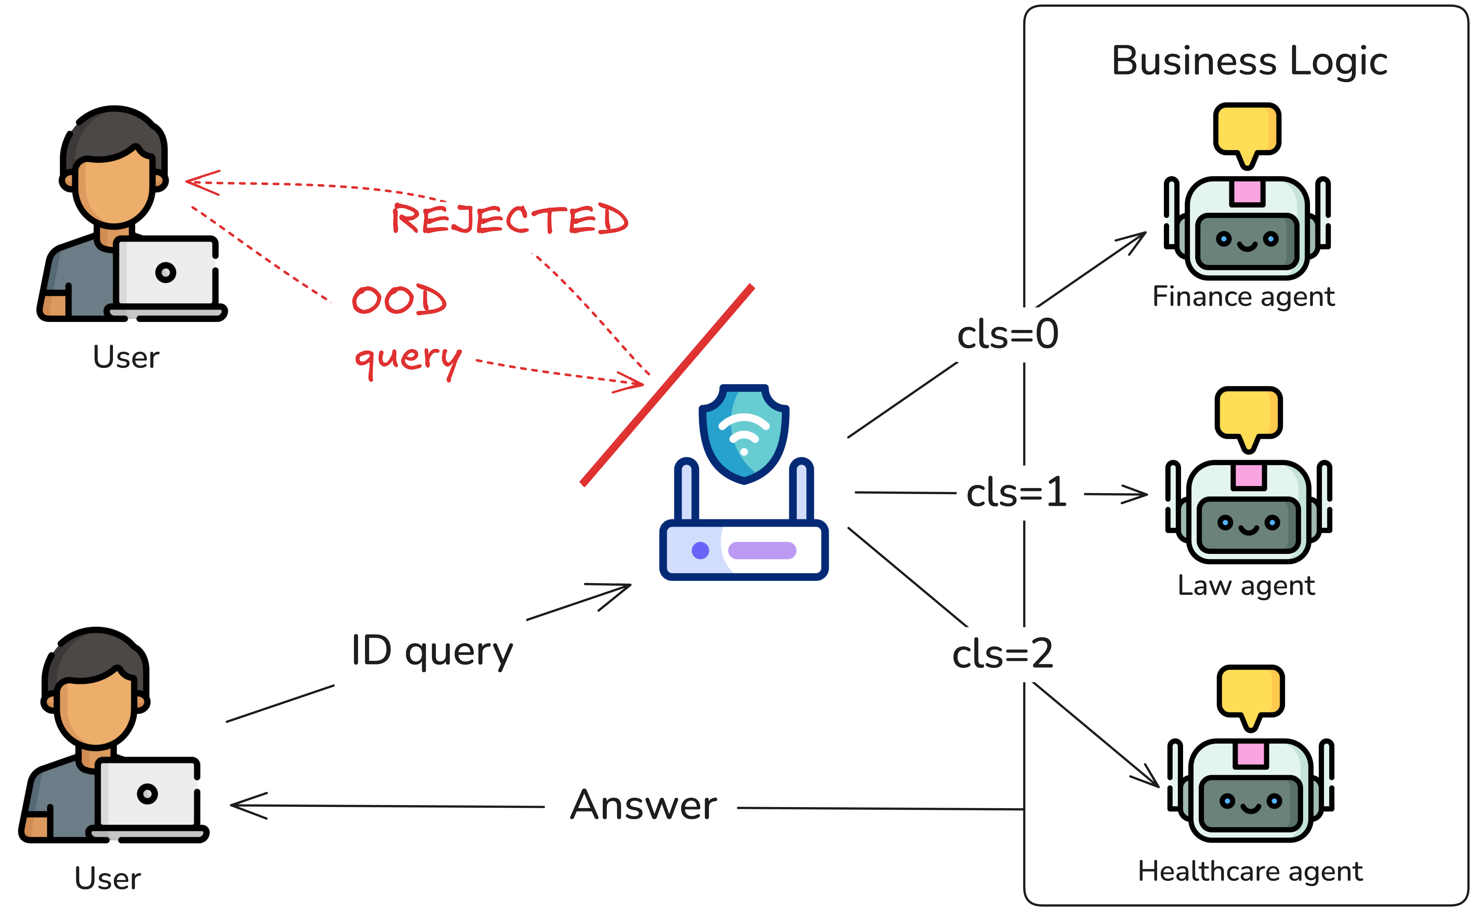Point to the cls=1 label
click(x=1016, y=493)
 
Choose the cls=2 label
click(x=1003, y=654)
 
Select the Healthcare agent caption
click(x=1250, y=871)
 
